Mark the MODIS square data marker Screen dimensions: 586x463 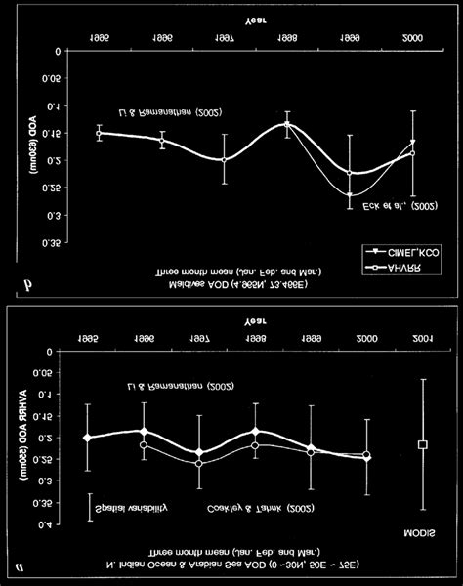tap(423, 444)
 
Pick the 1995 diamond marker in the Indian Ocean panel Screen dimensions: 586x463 tap(88, 438)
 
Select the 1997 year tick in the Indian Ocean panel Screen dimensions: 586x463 tap(199, 336)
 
